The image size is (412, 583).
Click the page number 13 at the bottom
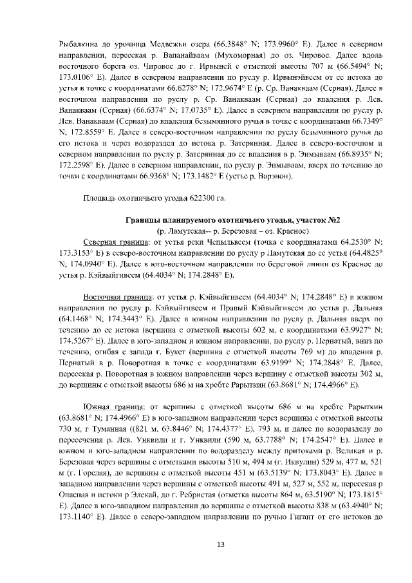pyautogui.click(x=220, y=545)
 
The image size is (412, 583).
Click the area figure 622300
pyautogui.click(x=193, y=197)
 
